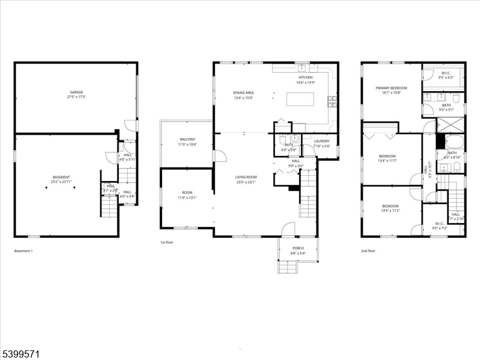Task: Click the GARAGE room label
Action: pyautogui.click(x=76, y=92)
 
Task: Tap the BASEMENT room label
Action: pyautogui.click(x=61, y=177)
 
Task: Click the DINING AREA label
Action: pyautogui.click(x=244, y=92)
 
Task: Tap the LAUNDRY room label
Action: pyautogui.click(x=322, y=142)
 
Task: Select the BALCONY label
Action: pyautogui.click(x=187, y=139)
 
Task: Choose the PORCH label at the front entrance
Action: pyautogui.click(x=298, y=248)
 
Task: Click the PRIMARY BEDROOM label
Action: pyautogui.click(x=391, y=88)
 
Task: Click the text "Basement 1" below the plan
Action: pyautogui.click(x=23, y=251)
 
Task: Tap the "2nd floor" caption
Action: pyautogui.click(x=368, y=251)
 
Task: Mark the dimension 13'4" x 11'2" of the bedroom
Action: pyautogui.click(x=391, y=211)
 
